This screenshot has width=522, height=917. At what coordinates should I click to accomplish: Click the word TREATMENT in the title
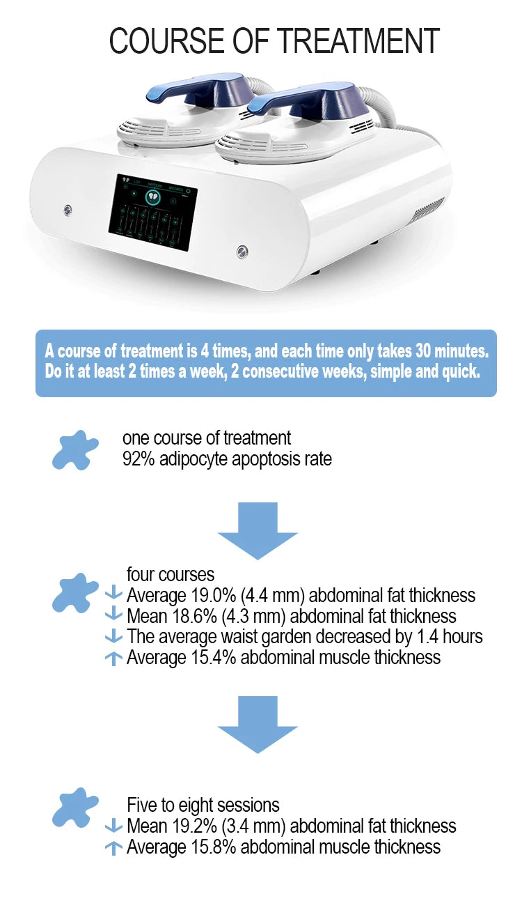pos(358,41)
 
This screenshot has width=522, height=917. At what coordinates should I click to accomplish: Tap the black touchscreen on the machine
pos(153,212)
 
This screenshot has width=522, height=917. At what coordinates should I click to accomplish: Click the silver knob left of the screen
pos(68,210)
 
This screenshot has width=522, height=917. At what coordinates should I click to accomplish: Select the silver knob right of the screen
pos(242,252)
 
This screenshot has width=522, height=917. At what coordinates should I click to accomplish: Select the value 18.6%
pos(195,616)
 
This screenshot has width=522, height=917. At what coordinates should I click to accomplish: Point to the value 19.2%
pos(195,826)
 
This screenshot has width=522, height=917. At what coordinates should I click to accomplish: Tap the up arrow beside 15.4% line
pos(113,658)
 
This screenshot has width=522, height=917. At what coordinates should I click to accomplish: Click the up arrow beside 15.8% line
pos(113,848)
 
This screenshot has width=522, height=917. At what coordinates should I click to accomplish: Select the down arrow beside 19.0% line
pos(113,593)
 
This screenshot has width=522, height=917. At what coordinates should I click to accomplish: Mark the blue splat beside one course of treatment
pos(75,450)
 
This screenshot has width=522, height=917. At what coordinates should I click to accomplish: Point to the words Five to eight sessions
pos(203,805)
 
